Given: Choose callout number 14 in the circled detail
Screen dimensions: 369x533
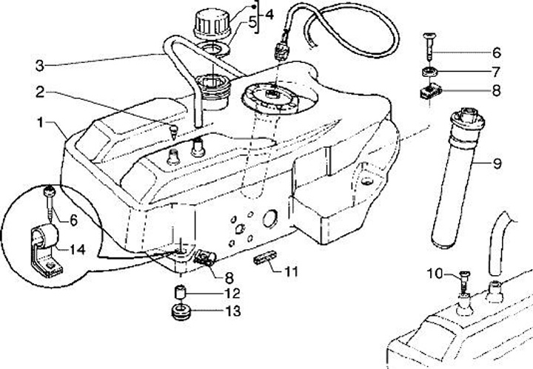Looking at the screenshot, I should point(78,250).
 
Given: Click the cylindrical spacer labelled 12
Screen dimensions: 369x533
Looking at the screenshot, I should point(178,290).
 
